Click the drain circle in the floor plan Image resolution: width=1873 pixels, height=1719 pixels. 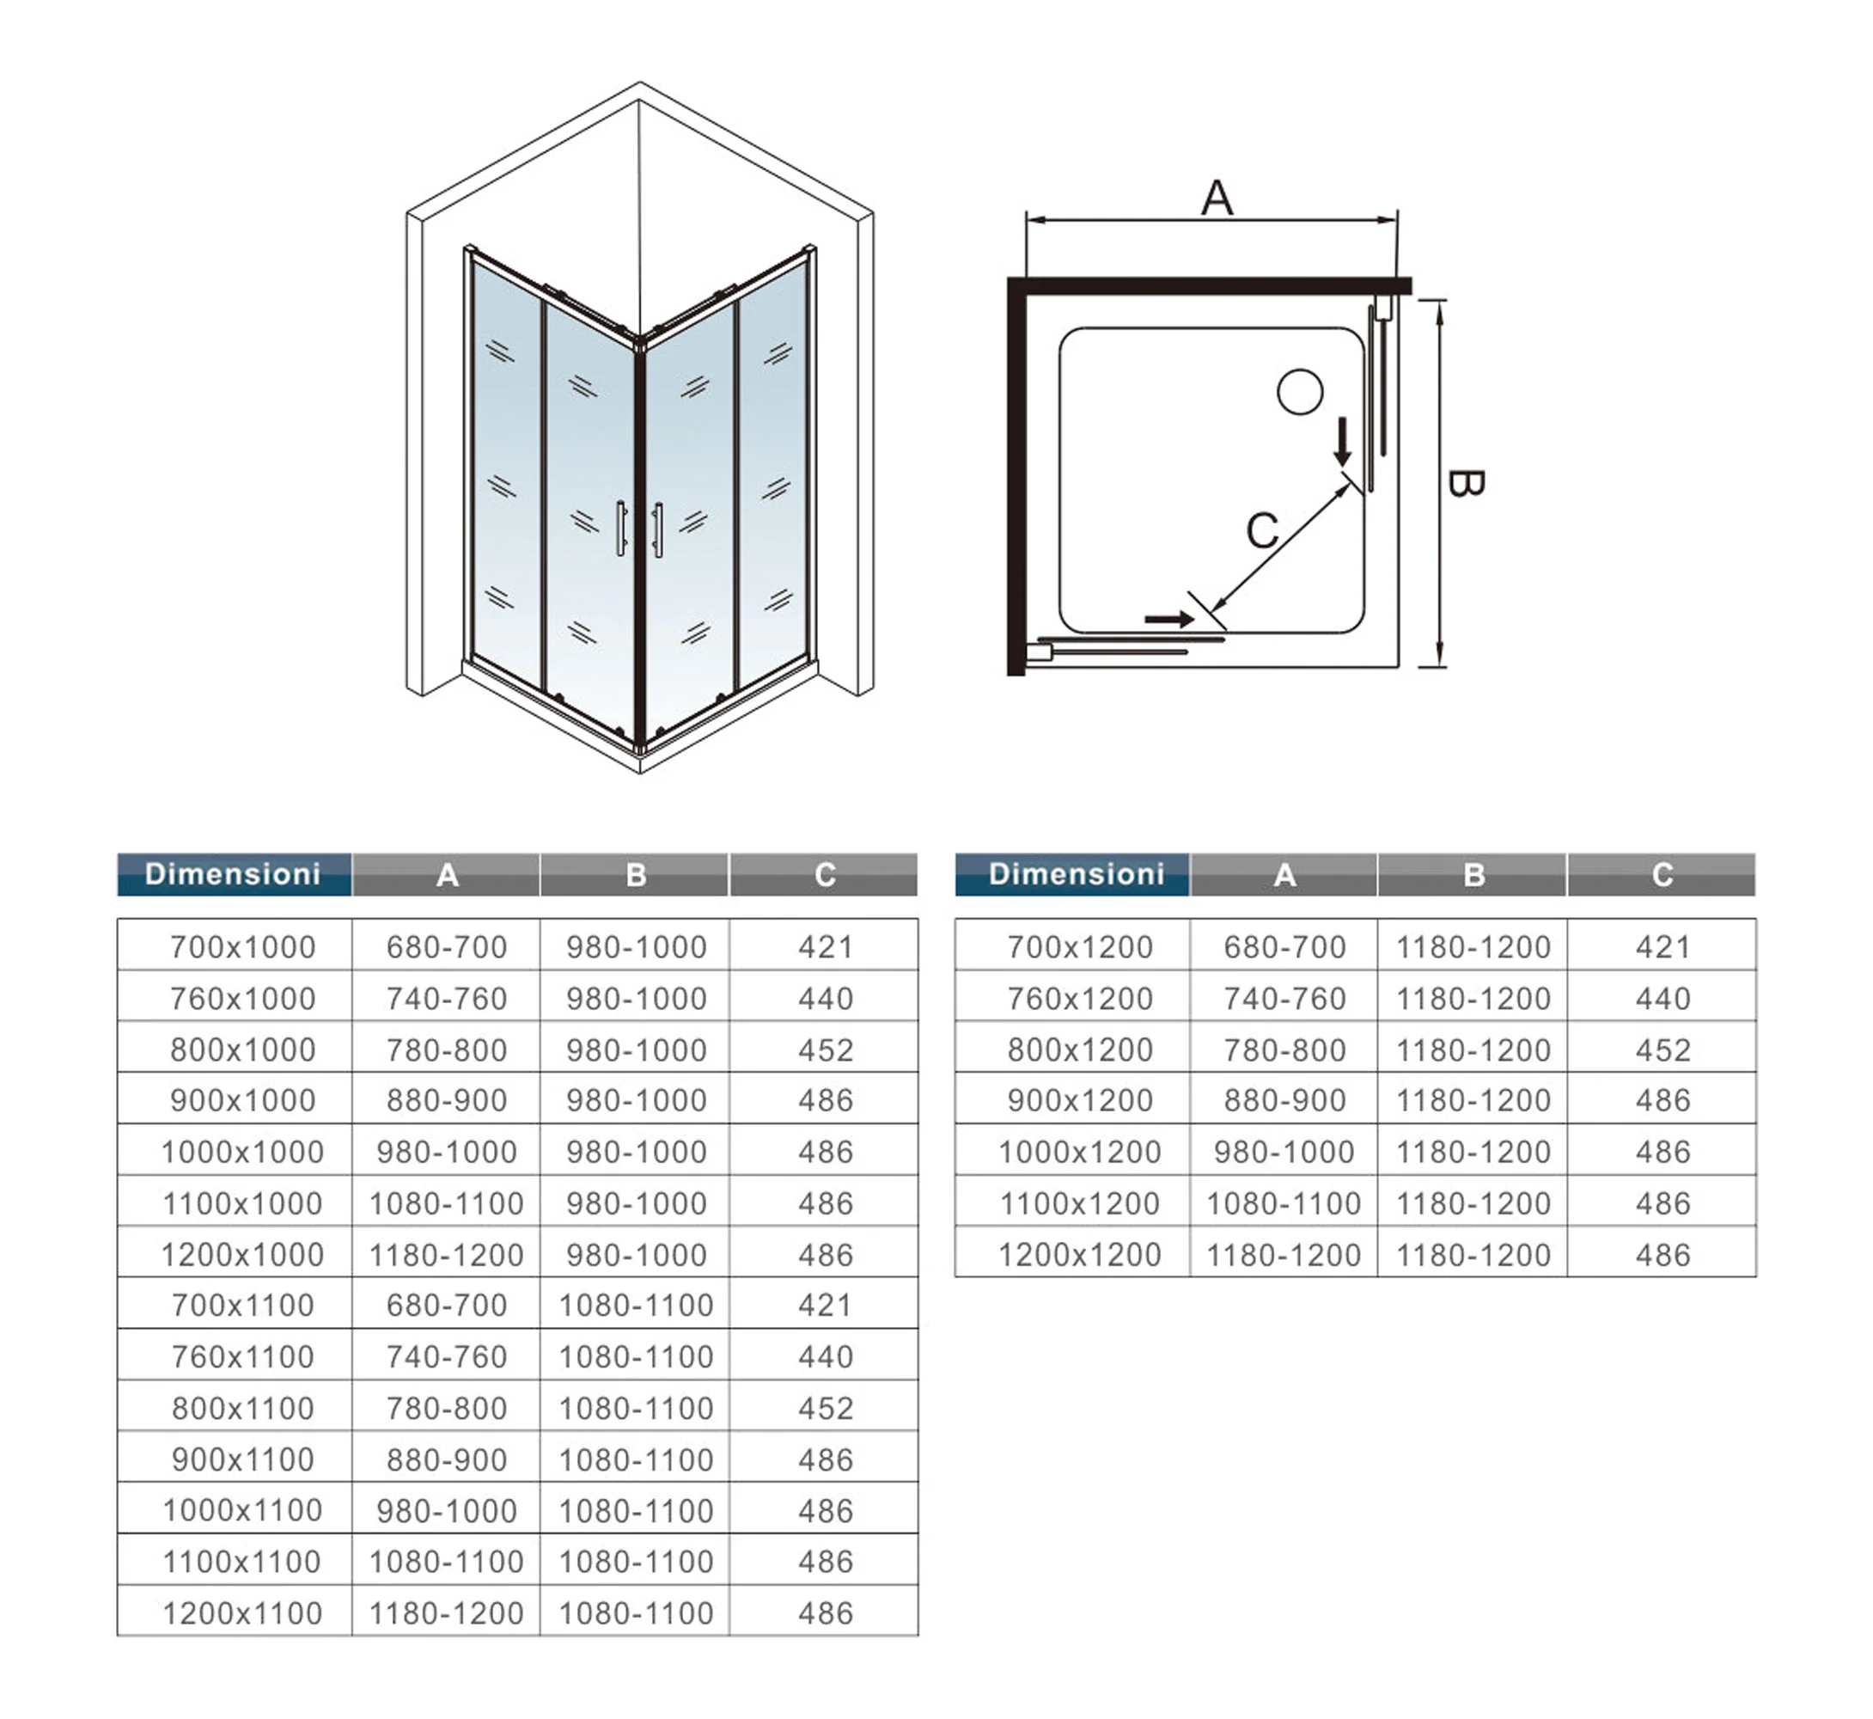pyautogui.click(x=1299, y=392)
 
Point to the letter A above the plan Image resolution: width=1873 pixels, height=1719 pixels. pyautogui.click(x=1217, y=199)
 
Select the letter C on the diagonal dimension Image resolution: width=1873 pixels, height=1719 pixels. pyautogui.click(x=1262, y=531)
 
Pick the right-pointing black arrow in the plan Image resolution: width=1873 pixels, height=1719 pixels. pyautogui.click(x=1169, y=620)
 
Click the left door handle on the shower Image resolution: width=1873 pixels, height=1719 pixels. pyautogui.click(x=621, y=529)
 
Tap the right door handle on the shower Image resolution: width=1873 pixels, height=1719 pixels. pyautogui.click(x=657, y=529)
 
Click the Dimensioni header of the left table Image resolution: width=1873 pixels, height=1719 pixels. pyautogui.click(x=234, y=874)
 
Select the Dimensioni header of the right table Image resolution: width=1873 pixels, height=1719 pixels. pyautogui.click(x=1076, y=874)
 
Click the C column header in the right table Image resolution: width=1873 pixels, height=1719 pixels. pyautogui.click(x=1662, y=874)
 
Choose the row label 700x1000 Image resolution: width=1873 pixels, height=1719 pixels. pyautogui.click(x=243, y=947)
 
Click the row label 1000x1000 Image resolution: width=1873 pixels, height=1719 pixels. pyautogui.click(x=243, y=1152)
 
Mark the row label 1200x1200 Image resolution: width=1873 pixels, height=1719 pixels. pyautogui.click(x=1080, y=1255)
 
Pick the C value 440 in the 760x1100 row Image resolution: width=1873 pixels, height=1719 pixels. pyautogui.click(x=825, y=1357)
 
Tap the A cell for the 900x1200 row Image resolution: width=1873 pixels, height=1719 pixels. pyautogui.click(x=1284, y=1100)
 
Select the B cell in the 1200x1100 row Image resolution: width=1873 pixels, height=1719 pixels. pyautogui.click(x=636, y=1614)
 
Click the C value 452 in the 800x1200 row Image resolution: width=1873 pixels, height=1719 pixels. pyautogui.click(x=1662, y=1050)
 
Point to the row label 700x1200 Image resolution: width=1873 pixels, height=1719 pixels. pyautogui.click(x=1080, y=947)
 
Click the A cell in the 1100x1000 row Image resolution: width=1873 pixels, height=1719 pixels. pyautogui.click(x=447, y=1203)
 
